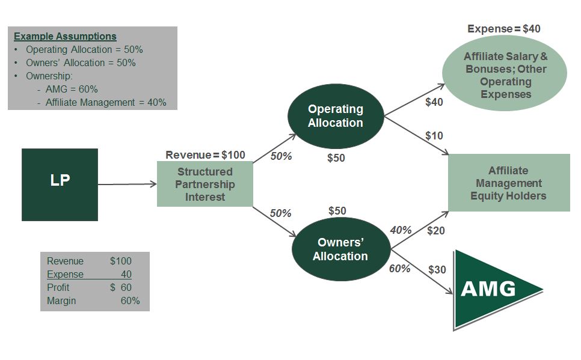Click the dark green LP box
[x=60, y=185]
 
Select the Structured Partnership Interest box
[x=204, y=185]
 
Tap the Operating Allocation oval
[x=336, y=116]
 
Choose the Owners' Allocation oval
[x=340, y=249]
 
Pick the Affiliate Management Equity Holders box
[x=508, y=183]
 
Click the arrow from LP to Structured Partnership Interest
[x=127, y=185]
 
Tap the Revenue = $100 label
[x=205, y=155]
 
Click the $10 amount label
[x=434, y=135]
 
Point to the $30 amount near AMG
[x=437, y=270]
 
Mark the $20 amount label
[x=435, y=230]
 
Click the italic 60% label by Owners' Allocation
[x=399, y=269]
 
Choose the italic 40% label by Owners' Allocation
[x=401, y=230]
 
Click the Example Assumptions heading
[x=65, y=37]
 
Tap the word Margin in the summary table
[x=61, y=301]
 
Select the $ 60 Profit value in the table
[x=121, y=288]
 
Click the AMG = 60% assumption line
[x=71, y=90]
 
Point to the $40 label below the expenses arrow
[x=434, y=102]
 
